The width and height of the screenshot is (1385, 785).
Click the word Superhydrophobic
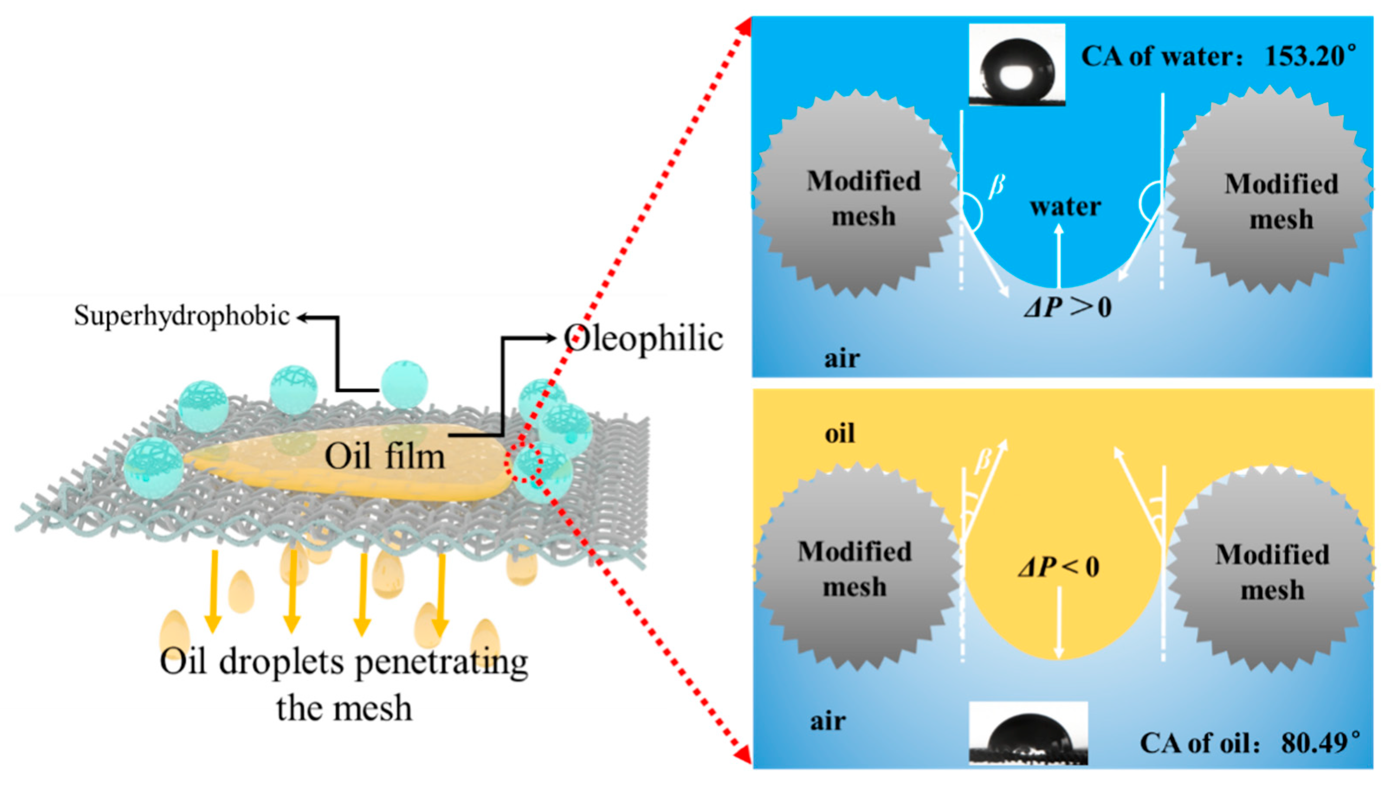(x=181, y=315)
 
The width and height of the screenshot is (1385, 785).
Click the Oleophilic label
(x=643, y=339)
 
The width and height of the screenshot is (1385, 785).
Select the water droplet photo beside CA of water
(x=1016, y=65)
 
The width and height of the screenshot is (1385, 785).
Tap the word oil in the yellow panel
(x=839, y=434)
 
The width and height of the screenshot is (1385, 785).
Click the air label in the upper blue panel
(x=841, y=359)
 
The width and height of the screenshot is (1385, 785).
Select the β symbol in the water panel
(x=996, y=185)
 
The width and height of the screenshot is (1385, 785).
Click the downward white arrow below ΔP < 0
(x=1059, y=623)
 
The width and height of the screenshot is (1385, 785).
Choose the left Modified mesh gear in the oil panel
(x=855, y=569)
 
